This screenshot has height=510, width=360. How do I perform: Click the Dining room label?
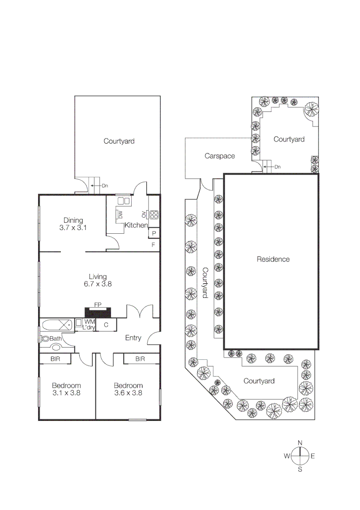(73, 220)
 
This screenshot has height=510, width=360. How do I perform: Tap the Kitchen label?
(136, 226)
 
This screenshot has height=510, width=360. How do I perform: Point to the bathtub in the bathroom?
(56, 325)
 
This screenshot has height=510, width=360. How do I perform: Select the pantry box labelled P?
(154, 234)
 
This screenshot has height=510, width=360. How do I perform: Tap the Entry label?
(133, 338)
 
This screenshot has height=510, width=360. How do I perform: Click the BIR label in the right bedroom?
(140, 359)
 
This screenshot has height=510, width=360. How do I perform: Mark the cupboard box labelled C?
(106, 325)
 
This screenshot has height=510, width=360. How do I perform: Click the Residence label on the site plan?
(273, 259)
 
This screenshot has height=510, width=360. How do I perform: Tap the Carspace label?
(219, 156)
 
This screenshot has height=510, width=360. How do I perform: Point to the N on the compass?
(300, 442)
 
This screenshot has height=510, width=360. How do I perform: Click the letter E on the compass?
(313, 456)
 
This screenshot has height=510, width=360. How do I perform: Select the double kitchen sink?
(124, 201)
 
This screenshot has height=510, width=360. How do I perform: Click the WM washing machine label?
(89, 322)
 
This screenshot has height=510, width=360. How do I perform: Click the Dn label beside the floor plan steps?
(104, 186)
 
